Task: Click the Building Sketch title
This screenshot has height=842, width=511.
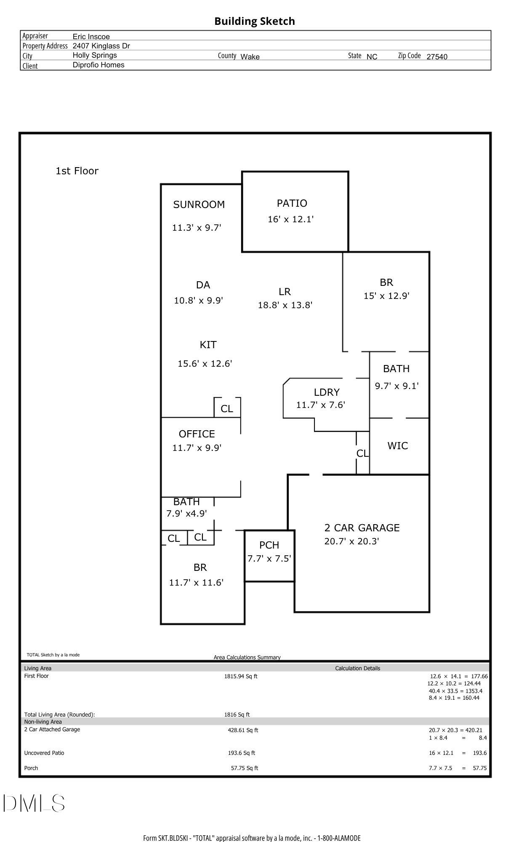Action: [254, 21]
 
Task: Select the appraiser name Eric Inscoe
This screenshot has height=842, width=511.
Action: [91, 37]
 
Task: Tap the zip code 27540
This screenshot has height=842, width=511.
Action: [436, 57]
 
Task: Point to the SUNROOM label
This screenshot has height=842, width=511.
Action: [199, 205]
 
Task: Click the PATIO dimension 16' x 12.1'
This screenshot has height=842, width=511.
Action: [290, 219]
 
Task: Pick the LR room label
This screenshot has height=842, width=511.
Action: [285, 291]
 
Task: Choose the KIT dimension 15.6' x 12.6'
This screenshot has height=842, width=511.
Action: [205, 363]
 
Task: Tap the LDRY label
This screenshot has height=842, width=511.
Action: [326, 392]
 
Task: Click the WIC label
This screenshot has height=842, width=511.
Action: [397, 445]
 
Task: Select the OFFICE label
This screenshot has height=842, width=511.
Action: [197, 434]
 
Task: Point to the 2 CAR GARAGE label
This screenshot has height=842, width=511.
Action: [362, 528]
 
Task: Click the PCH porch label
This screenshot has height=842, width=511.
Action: [269, 545]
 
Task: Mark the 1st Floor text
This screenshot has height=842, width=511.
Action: [77, 171]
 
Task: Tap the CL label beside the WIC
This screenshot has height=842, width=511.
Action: [362, 453]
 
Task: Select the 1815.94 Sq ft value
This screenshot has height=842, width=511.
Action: [240, 676]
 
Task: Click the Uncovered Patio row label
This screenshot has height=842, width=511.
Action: [44, 753]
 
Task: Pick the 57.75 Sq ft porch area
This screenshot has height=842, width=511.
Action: [244, 768]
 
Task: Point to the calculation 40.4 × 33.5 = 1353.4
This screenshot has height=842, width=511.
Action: [455, 690]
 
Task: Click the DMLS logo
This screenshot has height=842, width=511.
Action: [34, 803]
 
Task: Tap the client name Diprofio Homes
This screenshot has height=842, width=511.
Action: [98, 65]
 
